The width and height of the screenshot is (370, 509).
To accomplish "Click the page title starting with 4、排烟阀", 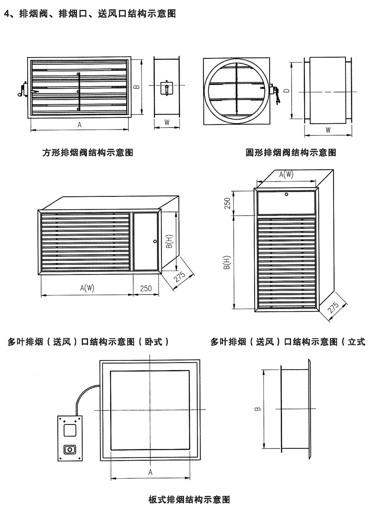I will pyautogui.click(x=89, y=14).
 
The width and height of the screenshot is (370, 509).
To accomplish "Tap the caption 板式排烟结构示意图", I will pyautogui.click(x=189, y=499).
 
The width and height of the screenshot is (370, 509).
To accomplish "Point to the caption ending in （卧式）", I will pyautogui.click(x=89, y=342).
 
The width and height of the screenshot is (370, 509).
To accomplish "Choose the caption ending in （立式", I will pyautogui.click(x=288, y=342).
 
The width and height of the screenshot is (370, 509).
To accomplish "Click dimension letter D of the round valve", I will pyautogui.click(x=286, y=91).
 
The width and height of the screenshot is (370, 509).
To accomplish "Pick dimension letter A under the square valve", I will pyautogui.click(x=79, y=125).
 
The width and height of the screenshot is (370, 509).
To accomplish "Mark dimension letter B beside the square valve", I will pyautogui.click(x=137, y=87).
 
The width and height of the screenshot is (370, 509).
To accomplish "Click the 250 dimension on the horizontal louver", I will pyautogui.click(x=146, y=288).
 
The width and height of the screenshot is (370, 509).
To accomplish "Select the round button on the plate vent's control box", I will pyautogui.click(x=69, y=449).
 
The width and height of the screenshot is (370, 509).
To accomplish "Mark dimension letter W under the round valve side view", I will pyautogui.click(x=328, y=130).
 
